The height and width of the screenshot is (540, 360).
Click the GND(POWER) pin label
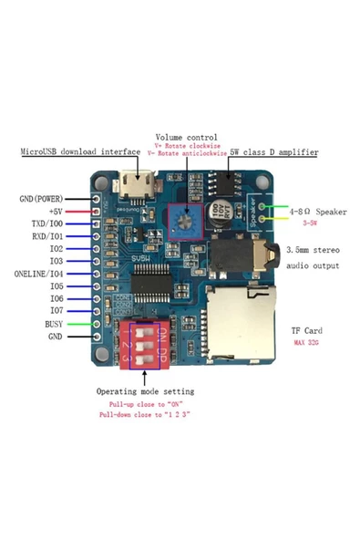click(x=43, y=198)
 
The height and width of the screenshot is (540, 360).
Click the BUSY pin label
click(x=55, y=323)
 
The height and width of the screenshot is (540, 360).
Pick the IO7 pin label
click(x=57, y=310)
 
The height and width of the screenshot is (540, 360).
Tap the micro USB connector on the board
click(x=129, y=194)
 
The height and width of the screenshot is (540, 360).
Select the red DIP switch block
click(x=145, y=346)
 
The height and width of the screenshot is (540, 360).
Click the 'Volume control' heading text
click(x=186, y=137)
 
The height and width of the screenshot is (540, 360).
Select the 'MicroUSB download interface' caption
click(x=81, y=152)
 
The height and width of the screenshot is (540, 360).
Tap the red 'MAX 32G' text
click(x=306, y=343)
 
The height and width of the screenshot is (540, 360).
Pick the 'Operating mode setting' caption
click(x=145, y=391)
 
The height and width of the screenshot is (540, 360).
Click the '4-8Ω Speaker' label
click(x=318, y=211)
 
